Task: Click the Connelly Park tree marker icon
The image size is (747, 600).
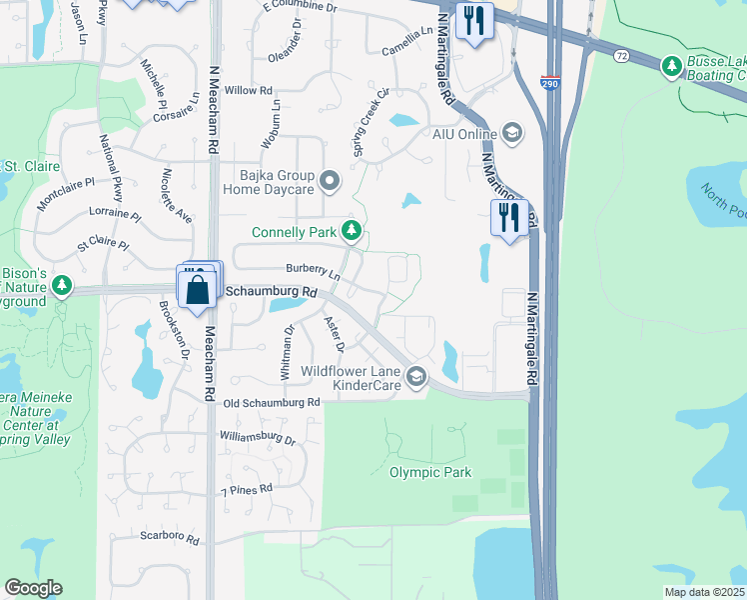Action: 351,232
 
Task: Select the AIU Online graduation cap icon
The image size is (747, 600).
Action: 511,133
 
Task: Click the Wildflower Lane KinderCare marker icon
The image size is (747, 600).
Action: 416,377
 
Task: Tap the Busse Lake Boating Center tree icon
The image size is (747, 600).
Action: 671,67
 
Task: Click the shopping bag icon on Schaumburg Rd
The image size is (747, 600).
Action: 199,290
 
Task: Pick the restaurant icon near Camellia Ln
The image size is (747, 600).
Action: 473,20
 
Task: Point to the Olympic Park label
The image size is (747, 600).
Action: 429,472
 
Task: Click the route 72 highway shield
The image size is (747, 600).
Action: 621,57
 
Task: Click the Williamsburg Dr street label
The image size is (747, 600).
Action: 258,438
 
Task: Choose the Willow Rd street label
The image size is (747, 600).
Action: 249,91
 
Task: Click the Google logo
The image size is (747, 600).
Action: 33,588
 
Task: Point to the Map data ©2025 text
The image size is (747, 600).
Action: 704,592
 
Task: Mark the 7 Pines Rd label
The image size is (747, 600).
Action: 246,490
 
